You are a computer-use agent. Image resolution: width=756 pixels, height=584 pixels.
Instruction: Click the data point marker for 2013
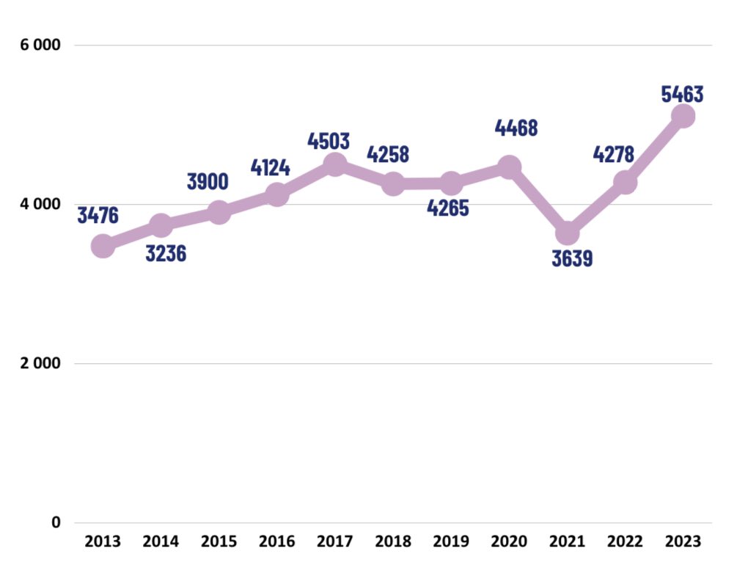pyautogui.click(x=103, y=246)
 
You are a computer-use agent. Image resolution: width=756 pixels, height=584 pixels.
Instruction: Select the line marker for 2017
pyautogui.click(x=334, y=164)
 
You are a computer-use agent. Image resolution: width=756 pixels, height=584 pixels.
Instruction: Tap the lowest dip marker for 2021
pyautogui.click(x=567, y=233)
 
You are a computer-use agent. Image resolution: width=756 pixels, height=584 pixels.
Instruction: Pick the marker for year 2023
pyautogui.click(x=683, y=115)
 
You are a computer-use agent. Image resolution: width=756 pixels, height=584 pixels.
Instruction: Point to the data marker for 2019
pyautogui.click(x=451, y=183)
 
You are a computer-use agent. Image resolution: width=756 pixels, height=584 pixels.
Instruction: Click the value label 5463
pyautogui.click(x=682, y=94)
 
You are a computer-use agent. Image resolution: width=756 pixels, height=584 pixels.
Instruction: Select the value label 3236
pyautogui.click(x=166, y=254)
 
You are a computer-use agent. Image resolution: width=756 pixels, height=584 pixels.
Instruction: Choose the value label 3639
pyautogui.click(x=572, y=259)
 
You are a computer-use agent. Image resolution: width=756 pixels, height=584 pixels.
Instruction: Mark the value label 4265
pyautogui.click(x=448, y=208)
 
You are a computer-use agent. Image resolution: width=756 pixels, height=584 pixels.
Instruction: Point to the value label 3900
pyautogui.click(x=208, y=182)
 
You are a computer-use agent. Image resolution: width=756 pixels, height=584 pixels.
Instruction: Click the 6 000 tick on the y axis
pyautogui.click(x=40, y=45)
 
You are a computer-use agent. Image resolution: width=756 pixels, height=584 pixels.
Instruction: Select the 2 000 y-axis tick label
pyautogui.click(x=40, y=363)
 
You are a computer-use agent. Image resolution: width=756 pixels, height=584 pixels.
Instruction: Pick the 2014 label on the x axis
pyautogui.click(x=161, y=541)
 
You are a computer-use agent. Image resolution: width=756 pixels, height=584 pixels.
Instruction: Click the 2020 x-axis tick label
pyautogui.click(x=509, y=541)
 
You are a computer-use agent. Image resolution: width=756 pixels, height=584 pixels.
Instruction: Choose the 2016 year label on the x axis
pyautogui.click(x=276, y=541)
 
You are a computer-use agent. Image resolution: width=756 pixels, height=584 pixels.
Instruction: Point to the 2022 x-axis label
pyautogui.click(x=625, y=541)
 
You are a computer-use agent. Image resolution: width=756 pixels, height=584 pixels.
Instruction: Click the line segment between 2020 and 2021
pyautogui.click(x=537, y=200)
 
